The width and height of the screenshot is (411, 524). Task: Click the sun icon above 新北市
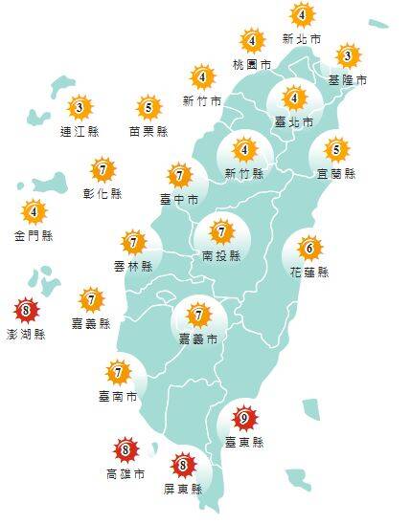[302, 15]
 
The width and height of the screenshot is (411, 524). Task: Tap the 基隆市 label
[347, 80]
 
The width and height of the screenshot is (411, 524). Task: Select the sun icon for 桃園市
[252, 41]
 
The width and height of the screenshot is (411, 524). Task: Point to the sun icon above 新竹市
[202, 76]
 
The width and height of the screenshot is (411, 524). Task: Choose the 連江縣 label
[80, 130]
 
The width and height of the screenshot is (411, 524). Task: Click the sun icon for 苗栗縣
[148, 107]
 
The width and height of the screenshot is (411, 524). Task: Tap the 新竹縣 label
[244, 173]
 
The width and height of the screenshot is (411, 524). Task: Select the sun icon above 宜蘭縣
[336, 150]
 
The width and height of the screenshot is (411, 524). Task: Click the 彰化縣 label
[103, 194]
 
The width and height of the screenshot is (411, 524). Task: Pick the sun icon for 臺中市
[179, 176]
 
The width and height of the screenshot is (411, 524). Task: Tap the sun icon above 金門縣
[34, 210]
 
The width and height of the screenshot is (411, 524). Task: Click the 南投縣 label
[221, 256]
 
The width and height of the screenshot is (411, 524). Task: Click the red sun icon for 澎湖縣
[27, 311]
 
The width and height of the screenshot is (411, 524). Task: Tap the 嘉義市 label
[198, 338]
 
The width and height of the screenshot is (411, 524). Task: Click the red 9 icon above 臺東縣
[244, 418]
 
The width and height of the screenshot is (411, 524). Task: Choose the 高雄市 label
[125, 473]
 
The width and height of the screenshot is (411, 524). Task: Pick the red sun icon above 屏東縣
[183, 467]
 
